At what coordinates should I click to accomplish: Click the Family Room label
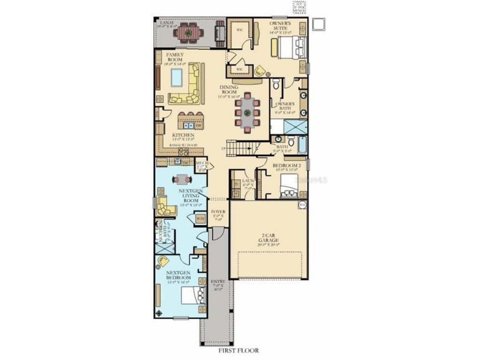(x=174, y=57)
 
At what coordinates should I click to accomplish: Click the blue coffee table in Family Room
(x=176, y=77)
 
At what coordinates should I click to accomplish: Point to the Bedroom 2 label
(x=286, y=166)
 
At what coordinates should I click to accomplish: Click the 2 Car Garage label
(x=268, y=238)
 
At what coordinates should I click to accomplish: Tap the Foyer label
(x=218, y=212)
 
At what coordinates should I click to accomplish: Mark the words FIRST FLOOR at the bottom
(x=238, y=350)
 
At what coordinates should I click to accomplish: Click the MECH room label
(x=202, y=164)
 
